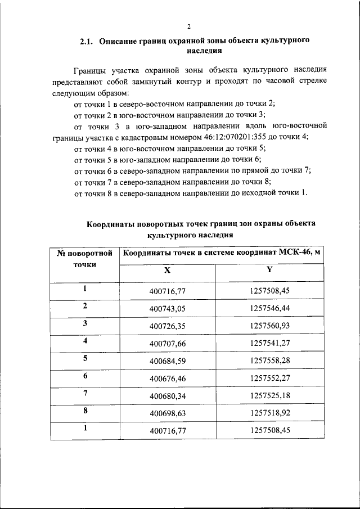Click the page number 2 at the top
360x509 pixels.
pyautogui.click(x=189, y=26)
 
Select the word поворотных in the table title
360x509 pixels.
pyautogui.click(x=157, y=223)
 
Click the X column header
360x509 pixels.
pyautogui.click(x=166, y=271)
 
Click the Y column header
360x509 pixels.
pyautogui.click(x=269, y=270)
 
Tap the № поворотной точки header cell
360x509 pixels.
pyautogui.click(x=85, y=258)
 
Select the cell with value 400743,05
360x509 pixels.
pyautogui.click(x=167, y=309)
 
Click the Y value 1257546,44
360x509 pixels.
pyautogui.click(x=269, y=309)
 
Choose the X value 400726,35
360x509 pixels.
pyautogui.click(x=167, y=326)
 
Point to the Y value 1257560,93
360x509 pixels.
pyautogui.click(x=269, y=326)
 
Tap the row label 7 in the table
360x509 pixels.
pyautogui.click(x=85, y=393)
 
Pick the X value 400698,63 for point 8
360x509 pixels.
pyautogui.click(x=167, y=413)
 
